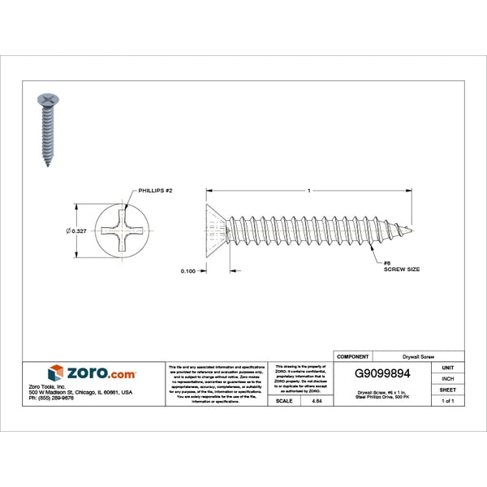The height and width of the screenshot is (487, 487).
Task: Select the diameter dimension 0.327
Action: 75,231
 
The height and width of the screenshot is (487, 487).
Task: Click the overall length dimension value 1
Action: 309,190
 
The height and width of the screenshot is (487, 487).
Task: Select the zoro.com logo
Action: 92,373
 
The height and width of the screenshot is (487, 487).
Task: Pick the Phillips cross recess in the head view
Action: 123,232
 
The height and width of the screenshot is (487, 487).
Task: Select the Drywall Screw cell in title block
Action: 418,356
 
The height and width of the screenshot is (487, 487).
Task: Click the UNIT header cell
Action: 447,368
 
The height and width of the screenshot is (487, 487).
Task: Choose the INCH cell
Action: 447,378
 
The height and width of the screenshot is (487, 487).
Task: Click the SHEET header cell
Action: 447,390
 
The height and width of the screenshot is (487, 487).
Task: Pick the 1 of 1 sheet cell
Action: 447,401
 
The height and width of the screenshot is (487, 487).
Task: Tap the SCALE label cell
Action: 284,401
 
